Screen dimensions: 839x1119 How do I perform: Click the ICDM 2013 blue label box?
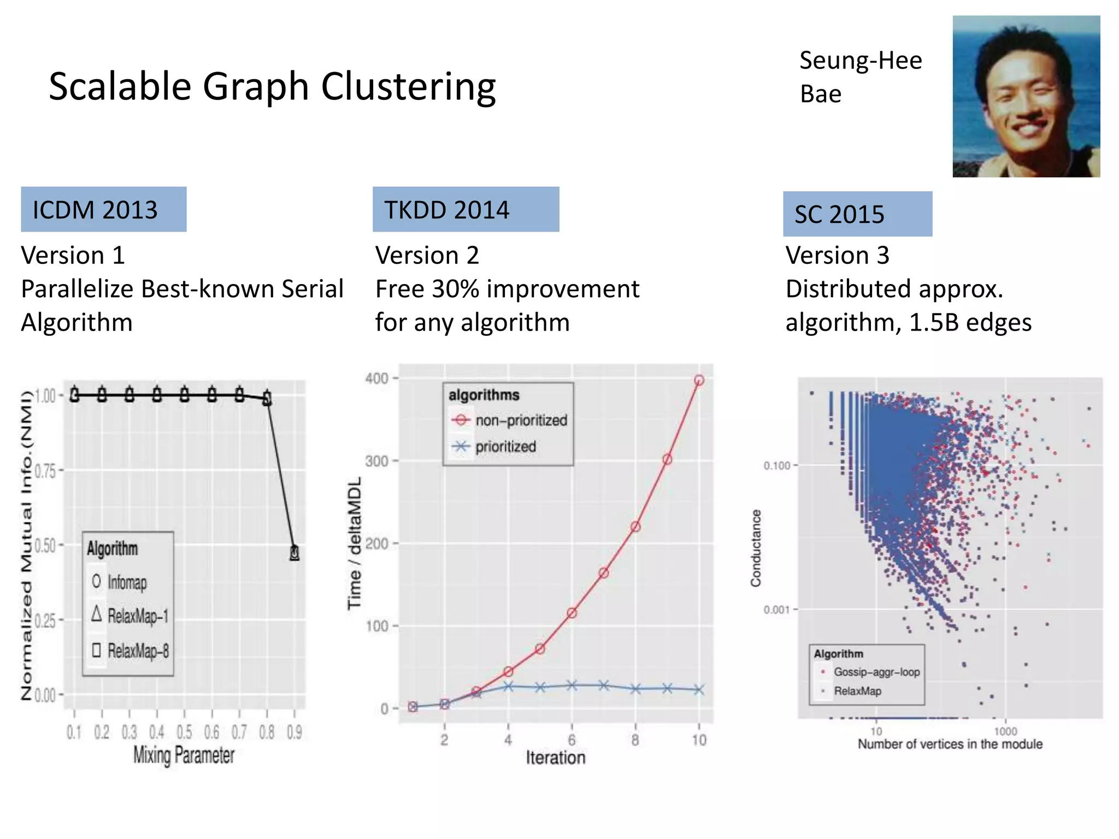tap(103, 209)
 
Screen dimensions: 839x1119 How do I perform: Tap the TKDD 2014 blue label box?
tap(466, 209)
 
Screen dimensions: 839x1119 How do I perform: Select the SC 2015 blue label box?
tap(857, 214)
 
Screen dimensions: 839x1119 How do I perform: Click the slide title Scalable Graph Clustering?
tap(272, 86)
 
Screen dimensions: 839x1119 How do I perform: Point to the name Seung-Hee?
tap(860, 60)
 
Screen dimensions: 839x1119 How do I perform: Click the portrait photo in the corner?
tap(1026, 96)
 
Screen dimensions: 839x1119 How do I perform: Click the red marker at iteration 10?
tap(699, 380)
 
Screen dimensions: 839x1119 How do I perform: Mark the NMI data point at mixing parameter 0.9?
tap(295, 553)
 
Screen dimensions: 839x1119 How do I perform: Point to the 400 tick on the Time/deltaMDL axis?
tap(377, 378)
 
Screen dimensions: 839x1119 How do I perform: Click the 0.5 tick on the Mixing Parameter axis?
tap(184, 731)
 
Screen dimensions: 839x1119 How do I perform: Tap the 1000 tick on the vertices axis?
tap(1005, 731)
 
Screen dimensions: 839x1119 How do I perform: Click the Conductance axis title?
tap(756, 548)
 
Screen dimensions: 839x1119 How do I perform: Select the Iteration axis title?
tap(555, 758)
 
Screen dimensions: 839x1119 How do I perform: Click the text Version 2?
tap(427, 255)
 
